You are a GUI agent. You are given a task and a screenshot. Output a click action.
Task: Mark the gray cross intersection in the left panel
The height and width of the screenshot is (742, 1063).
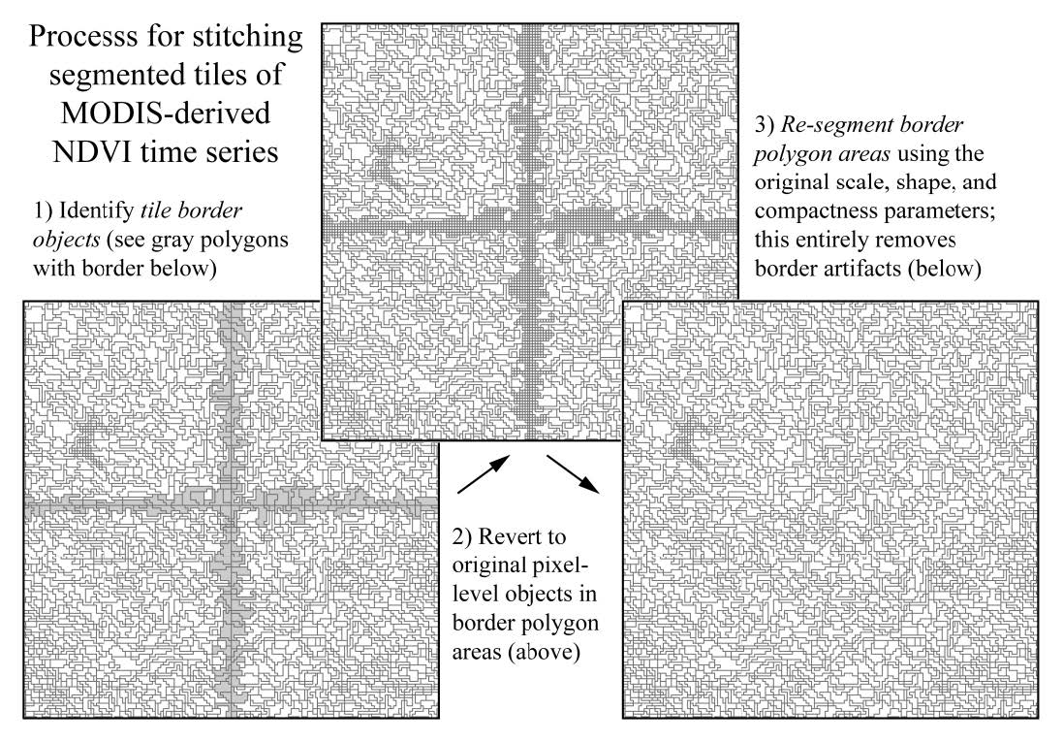point(230,505)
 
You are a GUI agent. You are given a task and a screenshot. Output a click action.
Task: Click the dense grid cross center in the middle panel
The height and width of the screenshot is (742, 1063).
point(529,233)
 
